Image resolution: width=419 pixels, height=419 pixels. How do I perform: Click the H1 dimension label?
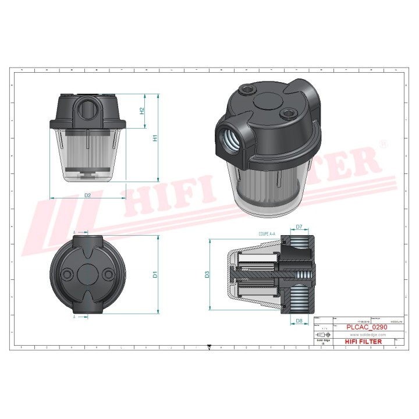click(155, 138)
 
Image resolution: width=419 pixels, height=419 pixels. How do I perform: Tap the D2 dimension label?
click(88, 195)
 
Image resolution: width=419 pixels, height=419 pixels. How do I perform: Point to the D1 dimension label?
click(155, 274)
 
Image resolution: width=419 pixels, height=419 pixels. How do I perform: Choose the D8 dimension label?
click(299, 321)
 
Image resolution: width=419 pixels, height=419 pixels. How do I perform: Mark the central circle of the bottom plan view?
click(88, 274)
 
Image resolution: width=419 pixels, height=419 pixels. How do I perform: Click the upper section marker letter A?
click(74, 232)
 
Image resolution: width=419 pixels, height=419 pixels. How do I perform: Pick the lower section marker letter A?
click(74, 317)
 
